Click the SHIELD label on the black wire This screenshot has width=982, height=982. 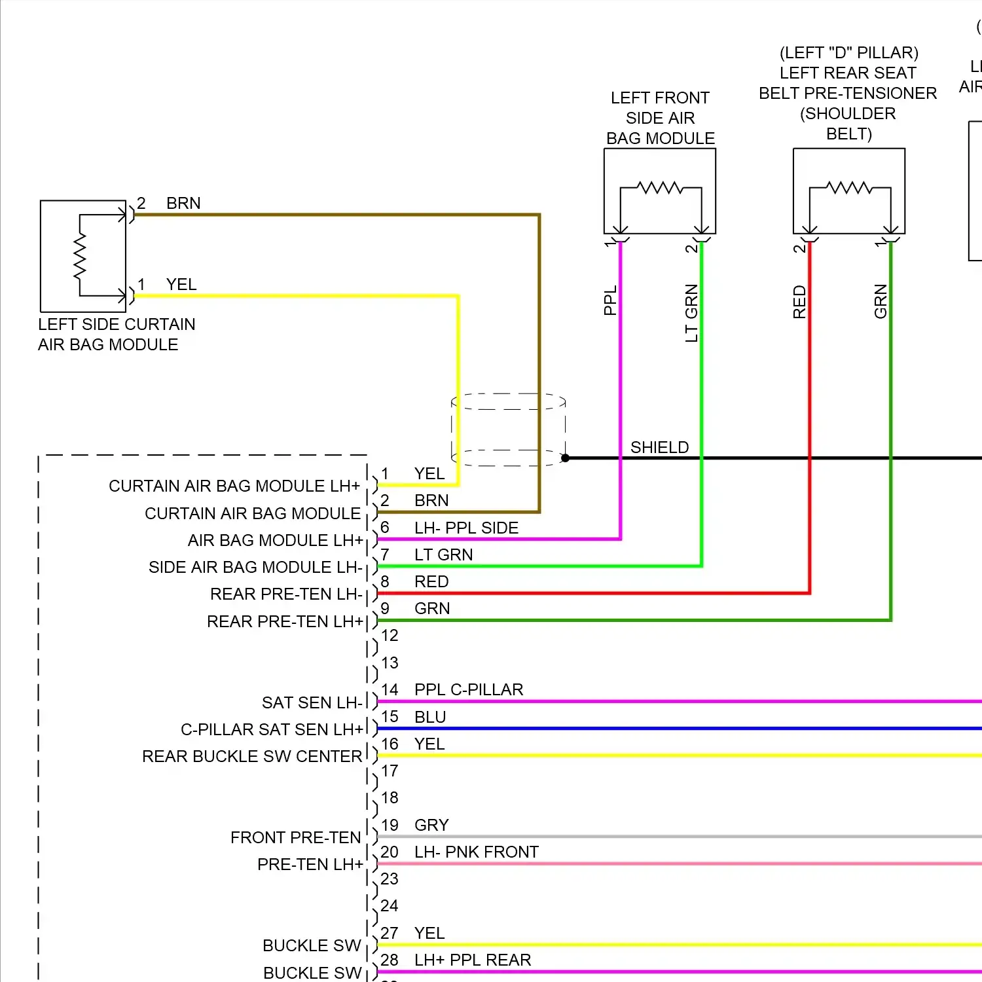[659, 447]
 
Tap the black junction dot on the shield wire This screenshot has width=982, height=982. [566, 458]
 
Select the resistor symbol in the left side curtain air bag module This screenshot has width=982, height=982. [80, 256]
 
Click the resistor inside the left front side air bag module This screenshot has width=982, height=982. [661, 189]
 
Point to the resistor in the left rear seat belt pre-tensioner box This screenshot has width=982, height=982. [849, 189]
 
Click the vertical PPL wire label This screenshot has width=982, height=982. [610, 300]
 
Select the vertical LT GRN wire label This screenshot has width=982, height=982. [691, 313]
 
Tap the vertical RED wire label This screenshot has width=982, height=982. [799, 302]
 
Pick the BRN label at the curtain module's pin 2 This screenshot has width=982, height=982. [183, 204]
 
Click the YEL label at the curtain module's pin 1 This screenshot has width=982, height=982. [181, 285]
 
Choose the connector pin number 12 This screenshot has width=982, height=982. [390, 636]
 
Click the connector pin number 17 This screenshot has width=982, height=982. [390, 771]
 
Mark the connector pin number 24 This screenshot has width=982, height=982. [390, 906]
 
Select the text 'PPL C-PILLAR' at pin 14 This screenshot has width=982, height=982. [469, 690]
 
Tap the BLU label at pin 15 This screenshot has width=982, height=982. [430, 718]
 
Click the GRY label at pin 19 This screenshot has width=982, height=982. [431, 826]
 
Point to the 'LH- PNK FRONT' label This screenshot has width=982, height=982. [476, 852]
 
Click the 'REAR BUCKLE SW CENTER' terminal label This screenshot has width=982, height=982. [252, 757]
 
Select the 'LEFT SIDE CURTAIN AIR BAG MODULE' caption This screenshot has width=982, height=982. [117, 335]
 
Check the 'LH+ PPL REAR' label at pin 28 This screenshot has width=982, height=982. [473, 960]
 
